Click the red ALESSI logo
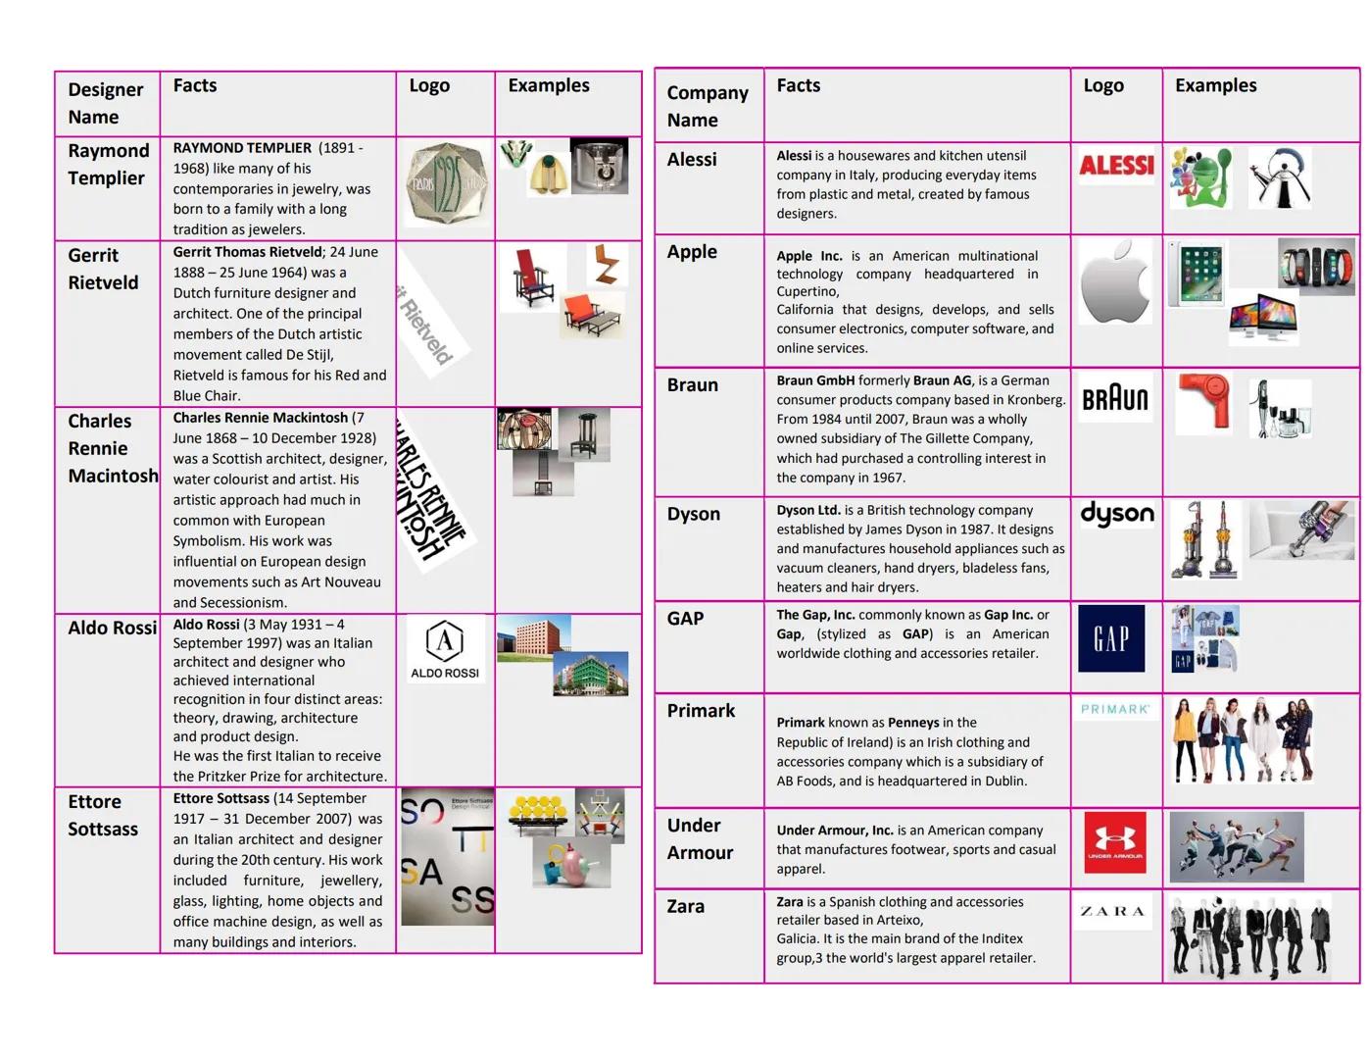click(x=1116, y=166)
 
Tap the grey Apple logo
click(x=1115, y=282)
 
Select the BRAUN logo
click(x=1114, y=398)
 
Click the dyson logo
click(x=1116, y=514)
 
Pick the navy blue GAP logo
click(x=1111, y=638)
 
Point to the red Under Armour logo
click(x=1114, y=842)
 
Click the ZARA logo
click(x=1112, y=911)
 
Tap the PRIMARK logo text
click(x=1115, y=709)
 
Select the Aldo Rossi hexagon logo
click(x=445, y=648)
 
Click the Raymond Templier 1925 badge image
click(x=446, y=183)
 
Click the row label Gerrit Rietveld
click(x=103, y=269)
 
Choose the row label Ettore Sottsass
click(x=102, y=815)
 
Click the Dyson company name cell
click(x=693, y=514)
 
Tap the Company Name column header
click(x=707, y=106)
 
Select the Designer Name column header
click(x=105, y=103)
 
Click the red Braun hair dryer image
click(x=1203, y=400)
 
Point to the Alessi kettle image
click(x=1280, y=178)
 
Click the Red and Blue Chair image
click(x=533, y=277)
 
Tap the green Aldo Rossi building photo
click(x=590, y=674)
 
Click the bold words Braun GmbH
click(x=814, y=380)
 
